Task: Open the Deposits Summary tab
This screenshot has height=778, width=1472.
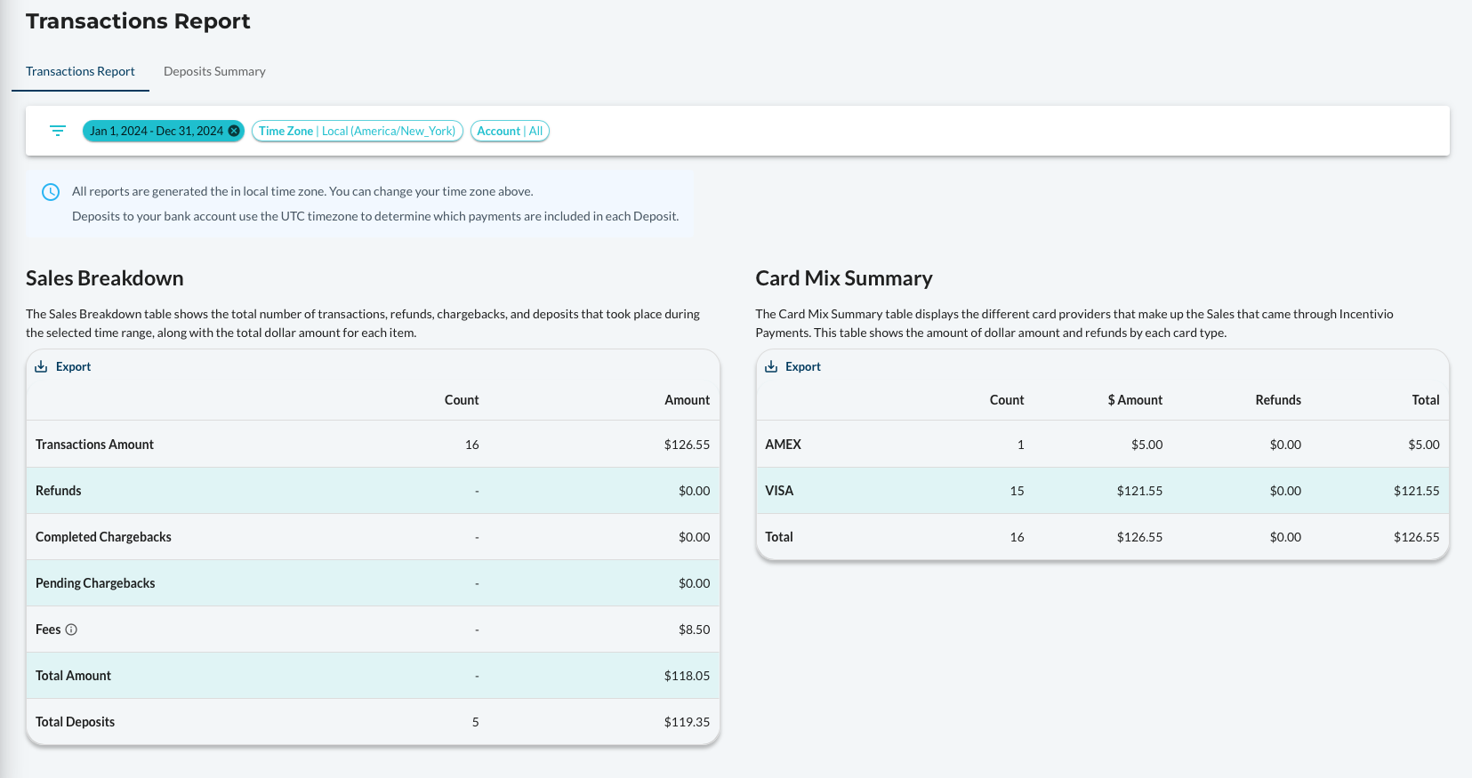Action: (214, 71)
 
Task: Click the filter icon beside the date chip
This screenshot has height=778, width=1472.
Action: (58, 131)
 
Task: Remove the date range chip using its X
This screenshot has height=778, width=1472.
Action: (234, 131)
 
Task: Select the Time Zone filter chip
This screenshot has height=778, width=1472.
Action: (357, 131)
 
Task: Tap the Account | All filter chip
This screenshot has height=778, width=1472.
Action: (510, 131)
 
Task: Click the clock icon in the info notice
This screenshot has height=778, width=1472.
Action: (51, 192)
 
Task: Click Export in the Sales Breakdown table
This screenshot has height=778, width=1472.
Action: (63, 366)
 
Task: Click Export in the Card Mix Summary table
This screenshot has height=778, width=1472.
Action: (792, 366)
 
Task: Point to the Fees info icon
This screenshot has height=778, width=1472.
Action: (71, 630)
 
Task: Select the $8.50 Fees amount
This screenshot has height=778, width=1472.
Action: (694, 630)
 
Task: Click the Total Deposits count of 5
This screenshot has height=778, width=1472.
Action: (475, 722)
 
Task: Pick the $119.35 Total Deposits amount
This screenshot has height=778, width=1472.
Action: (687, 722)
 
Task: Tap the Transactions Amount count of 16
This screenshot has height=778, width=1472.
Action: (471, 445)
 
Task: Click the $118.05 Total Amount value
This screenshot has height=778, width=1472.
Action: (687, 676)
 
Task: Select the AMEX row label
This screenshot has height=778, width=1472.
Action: (783, 445)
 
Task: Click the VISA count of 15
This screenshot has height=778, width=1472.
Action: (1017, 491)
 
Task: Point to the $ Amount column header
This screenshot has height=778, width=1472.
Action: (1135, 400)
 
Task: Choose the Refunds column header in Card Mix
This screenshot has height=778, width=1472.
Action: (1278, 400)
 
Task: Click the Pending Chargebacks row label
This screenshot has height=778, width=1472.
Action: (95, 583)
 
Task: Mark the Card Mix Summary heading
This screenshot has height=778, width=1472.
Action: (844, 278)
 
